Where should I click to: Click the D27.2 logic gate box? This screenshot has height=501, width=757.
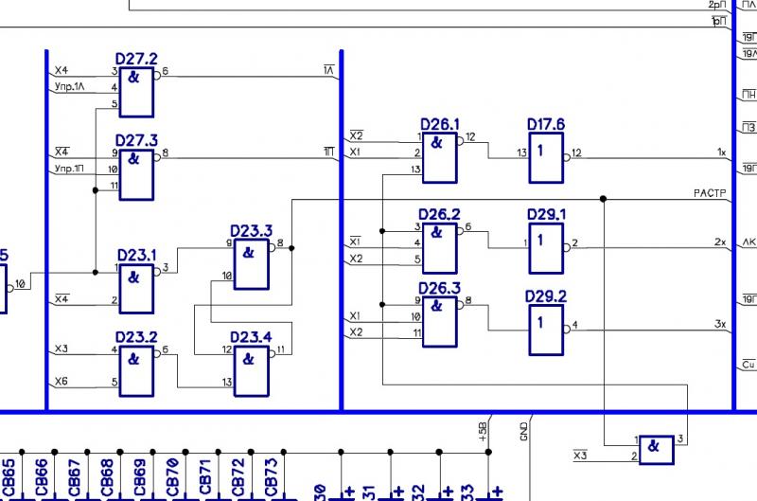tap(135, 89)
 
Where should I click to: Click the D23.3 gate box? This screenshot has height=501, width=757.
tap(250, 263)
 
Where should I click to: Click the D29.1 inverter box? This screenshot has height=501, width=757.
tap(545, 248)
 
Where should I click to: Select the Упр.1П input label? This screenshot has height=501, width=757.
tap(69, 170)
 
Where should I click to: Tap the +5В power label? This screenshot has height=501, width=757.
tap(484, 432)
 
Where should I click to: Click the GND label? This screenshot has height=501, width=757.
tap(523, 432)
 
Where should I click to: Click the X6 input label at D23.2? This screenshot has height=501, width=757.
tap(62, 382)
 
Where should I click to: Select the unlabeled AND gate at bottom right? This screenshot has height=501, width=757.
tap(656, 449)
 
